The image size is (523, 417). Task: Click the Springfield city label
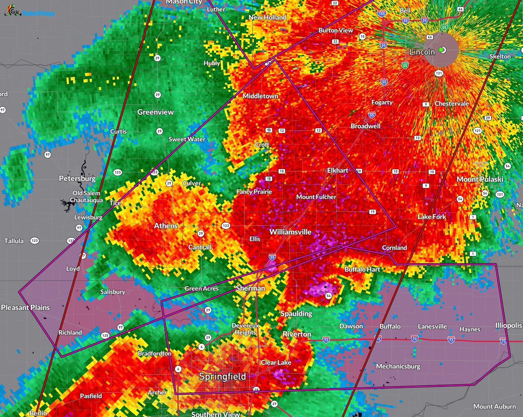click(x=222, y=376)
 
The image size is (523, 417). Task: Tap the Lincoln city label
click(x=422, y=52)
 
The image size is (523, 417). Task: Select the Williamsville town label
click(x=290, y=232)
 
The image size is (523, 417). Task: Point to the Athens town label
click(x=166, y=226)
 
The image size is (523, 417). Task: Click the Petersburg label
click(x=77, y=179)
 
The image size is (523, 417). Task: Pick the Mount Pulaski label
click(x=479, y=180)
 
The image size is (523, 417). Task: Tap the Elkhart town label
click(x=338, y=170)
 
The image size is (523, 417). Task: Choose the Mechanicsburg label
click(x=398, y=366)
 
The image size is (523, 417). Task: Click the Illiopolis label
click(x=508, y=326)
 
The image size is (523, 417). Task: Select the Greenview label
click(x=156, y=112)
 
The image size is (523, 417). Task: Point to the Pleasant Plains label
click(x=25, y=308)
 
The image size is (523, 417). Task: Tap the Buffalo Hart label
click(x=362, y=270)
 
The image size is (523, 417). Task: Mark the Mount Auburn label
click(x=495, y=407)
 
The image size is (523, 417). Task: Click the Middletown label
click(x=260, y=96)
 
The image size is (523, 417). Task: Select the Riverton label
click(x=297, y=334)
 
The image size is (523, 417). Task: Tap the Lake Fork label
click(x=431, y=217)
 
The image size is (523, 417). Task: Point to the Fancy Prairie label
click(x=254, y=192)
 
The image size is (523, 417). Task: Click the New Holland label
click(x=267, y=17)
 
